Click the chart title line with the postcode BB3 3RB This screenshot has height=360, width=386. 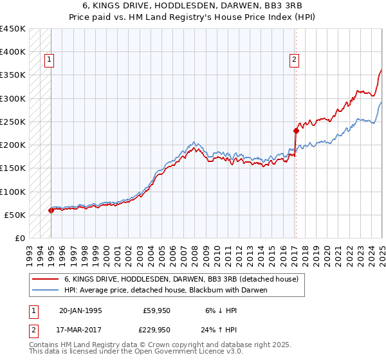point(193,6)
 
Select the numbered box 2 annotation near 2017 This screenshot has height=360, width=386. point(294,60)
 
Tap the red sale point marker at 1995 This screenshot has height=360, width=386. point(51,210)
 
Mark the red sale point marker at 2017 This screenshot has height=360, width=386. point(296,130)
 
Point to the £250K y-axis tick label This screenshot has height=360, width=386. point(13,122)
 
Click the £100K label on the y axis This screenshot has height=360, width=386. point(13,192)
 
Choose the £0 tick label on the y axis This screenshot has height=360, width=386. point(19,238)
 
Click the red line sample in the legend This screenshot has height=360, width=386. point(45,280)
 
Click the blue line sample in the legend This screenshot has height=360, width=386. point(45,290)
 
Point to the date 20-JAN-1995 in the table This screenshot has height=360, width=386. point(80,310)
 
